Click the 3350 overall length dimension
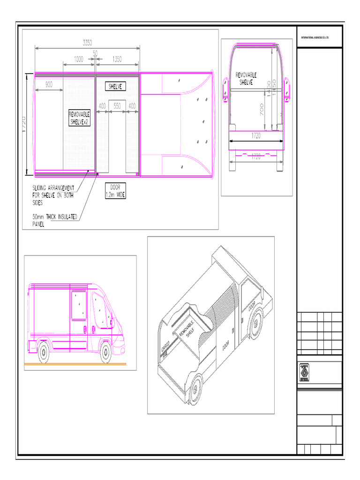pyautogui.click(x=87, y=43)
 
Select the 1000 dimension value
pyautogui.click(x=78, y=60)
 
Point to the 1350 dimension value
pyautogui.click(x=117, y=60)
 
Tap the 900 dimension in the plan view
pyautogui.click(x=49, y=85)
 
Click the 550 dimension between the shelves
pyautogui.click(x=117, y=106)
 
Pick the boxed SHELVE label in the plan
pyautogui.click(x=115, y=87)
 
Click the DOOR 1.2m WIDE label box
pyautogui.click(x=115, y=191)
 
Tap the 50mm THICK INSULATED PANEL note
pyautogui.click(x=54, y=220)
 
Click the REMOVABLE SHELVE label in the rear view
pyautogui.click(x=246, y=78)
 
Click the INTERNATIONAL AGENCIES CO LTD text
pyautogui.click(x=315, y=37)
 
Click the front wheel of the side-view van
pyautogui.click(x=106, y=352)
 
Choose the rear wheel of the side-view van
pyautogui.click(x=43, y=352)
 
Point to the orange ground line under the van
pyautogui.click(x=75, y=364)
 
